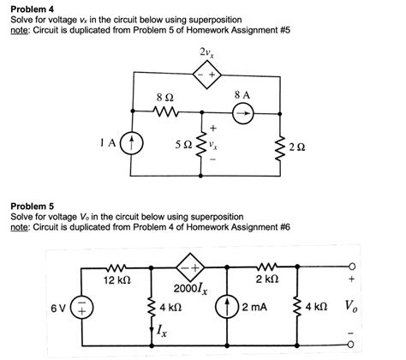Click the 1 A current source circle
[x=131, y=142]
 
